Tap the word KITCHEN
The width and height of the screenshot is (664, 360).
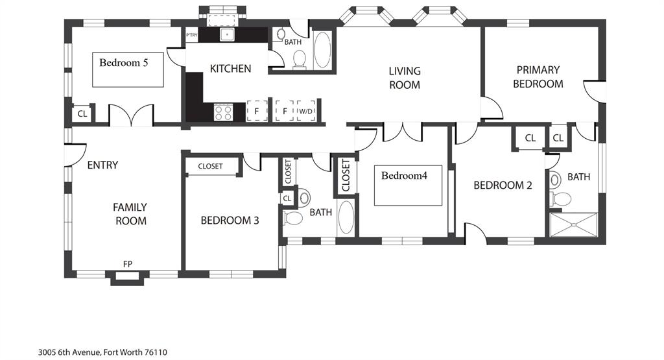click(x=230, y=68)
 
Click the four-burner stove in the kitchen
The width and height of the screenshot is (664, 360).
click(x=224, y=112)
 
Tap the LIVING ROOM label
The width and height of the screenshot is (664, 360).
click(x=405, y=78)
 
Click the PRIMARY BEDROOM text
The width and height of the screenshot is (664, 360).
click(x=538, y=77)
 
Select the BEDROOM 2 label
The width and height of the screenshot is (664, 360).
click(x=503, y=186)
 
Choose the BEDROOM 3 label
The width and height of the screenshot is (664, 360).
click(x=230, y=221)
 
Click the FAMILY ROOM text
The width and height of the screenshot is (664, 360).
click(x=130, y=214)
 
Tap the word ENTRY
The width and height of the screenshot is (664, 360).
click(x=102, y=165)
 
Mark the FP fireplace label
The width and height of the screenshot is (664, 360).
click(x=128, y=264)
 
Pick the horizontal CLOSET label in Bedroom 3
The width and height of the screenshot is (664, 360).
click(x=210, y=167)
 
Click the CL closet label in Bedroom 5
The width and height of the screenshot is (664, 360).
click(x=82, y=114)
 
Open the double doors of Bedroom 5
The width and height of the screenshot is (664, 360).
click(x=131, y=115)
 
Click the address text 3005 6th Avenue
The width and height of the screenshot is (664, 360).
click(x=102, y=352)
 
